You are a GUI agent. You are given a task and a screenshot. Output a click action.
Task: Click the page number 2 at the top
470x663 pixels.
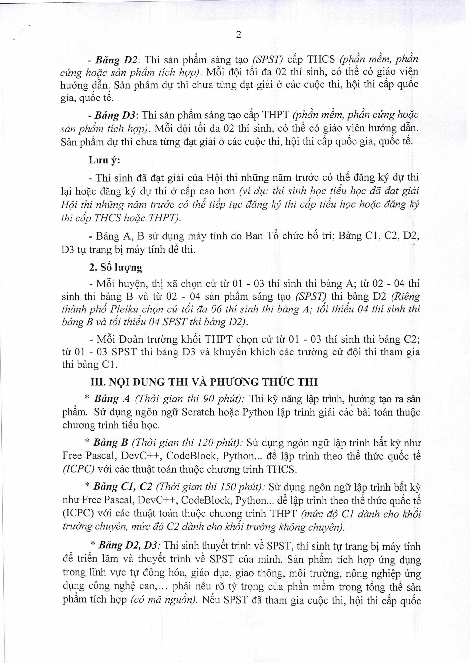239,35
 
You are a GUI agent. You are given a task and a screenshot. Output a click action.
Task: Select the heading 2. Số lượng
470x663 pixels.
116,267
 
